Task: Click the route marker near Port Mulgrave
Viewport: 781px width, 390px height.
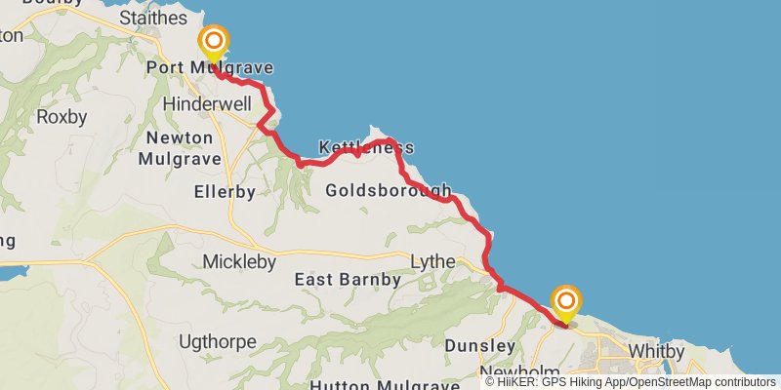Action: (x=213, y=42)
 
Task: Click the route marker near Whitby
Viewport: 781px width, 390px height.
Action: (x=565, y=300)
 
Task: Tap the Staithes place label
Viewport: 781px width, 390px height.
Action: (x=152, y=18)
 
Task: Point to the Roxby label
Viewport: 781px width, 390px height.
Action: (x=62, y=117)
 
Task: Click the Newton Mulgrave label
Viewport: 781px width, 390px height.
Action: (x=179, y=147)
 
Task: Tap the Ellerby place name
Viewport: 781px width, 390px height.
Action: (x=225, y=192)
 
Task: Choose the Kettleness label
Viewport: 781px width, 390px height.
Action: (x=366, y=148)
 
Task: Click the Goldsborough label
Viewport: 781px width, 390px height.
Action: (x=388, y=190)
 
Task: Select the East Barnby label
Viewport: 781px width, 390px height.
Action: (x=348, y=280)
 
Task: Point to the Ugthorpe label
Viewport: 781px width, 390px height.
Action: (x=218, y=342)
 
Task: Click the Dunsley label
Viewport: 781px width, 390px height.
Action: (x=479, y=346)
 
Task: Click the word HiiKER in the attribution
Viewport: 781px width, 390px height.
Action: (x=517, y=382)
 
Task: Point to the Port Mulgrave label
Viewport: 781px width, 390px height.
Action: (x=209, y=67)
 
